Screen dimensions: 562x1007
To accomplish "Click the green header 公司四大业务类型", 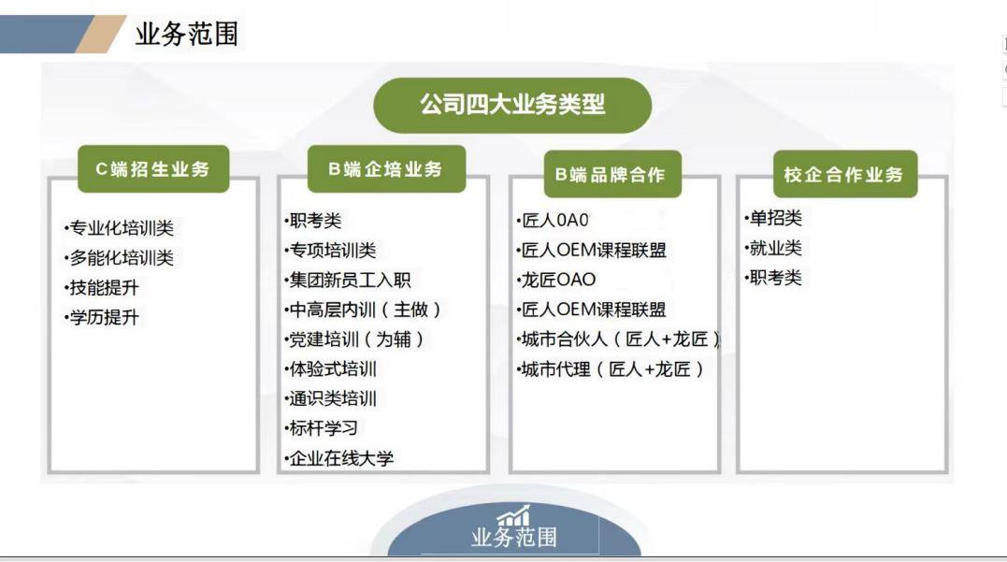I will pyautogui.click(x=512, y=105).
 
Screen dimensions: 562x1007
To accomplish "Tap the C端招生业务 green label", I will pyautogui.click(x=153, y=169).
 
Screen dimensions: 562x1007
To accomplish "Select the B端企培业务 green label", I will pyautogui.click(x=385, y=169).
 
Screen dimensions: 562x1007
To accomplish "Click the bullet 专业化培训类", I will pyautogui.click(x=119, y=228).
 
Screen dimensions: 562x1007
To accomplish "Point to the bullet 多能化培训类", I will pyautogui.click(x=119, y=258).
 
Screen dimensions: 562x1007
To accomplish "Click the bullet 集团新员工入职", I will pyautogui.click(x=348, y=280).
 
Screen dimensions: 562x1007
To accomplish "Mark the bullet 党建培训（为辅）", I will pyautogui.click(x=355, y=339).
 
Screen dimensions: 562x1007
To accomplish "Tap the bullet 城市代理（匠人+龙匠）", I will pyautogui.click(x=610, y=369).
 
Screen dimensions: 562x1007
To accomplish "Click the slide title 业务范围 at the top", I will pyautogui.click(x=187, y=35).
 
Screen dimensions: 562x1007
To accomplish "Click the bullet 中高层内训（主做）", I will pyautogui.click(x=363, y=310).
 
